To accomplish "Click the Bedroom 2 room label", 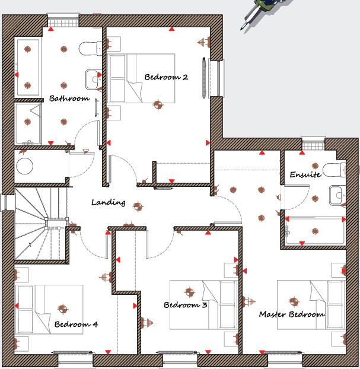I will (x=166, y=77).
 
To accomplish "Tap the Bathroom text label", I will (x=69, y=98).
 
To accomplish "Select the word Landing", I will (x=108, y=202).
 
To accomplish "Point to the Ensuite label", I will (x=305, y=174).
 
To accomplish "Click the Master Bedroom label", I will (x=291, y=314).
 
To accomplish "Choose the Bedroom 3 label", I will (x=185, y=305).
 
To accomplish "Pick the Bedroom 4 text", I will (x=76, y=324).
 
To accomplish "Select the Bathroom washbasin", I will (x=93, y=77).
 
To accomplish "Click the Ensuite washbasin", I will (x=337, y=194).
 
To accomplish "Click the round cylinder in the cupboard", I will (x=25, y=166).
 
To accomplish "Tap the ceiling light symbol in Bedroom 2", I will (x=158, y=105).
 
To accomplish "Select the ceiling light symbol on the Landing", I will (x=138, y=206).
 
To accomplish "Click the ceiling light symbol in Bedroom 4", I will (x=63, y=308).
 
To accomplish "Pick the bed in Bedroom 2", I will (x=141, y=78).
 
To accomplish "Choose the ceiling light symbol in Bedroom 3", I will (x=189, y=292).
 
